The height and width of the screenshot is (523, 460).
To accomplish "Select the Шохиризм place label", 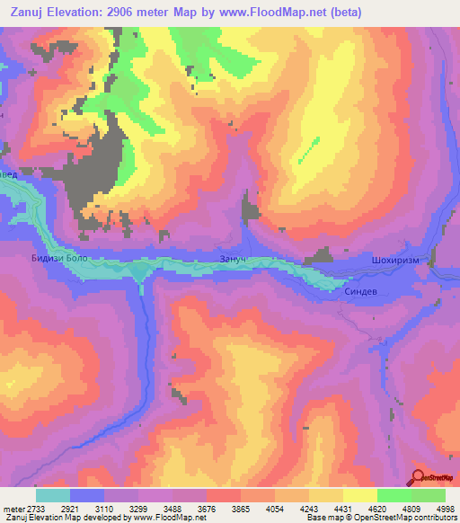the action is pyautogui.click(x=394, y=261).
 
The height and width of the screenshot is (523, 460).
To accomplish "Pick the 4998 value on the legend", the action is pyautogui.click(x=445, y=508).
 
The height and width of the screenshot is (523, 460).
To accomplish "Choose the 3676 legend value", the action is pyautogui.click(x=207, y=508).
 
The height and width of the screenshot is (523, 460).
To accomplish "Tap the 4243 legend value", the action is pyautogui.click(x=308, y=508).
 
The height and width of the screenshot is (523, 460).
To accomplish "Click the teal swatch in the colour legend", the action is pyautogui.click(x=53, y=495).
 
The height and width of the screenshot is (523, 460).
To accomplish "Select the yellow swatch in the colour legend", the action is pyautogui.click(x=359, y=495).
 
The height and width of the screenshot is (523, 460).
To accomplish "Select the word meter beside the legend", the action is pyautogui.click(x=13, y=508).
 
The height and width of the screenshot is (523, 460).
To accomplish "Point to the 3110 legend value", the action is pyautogui.click(x=104, y=508).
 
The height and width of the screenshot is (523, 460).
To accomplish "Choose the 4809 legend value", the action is pyautogui.click(x=411, y=508).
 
